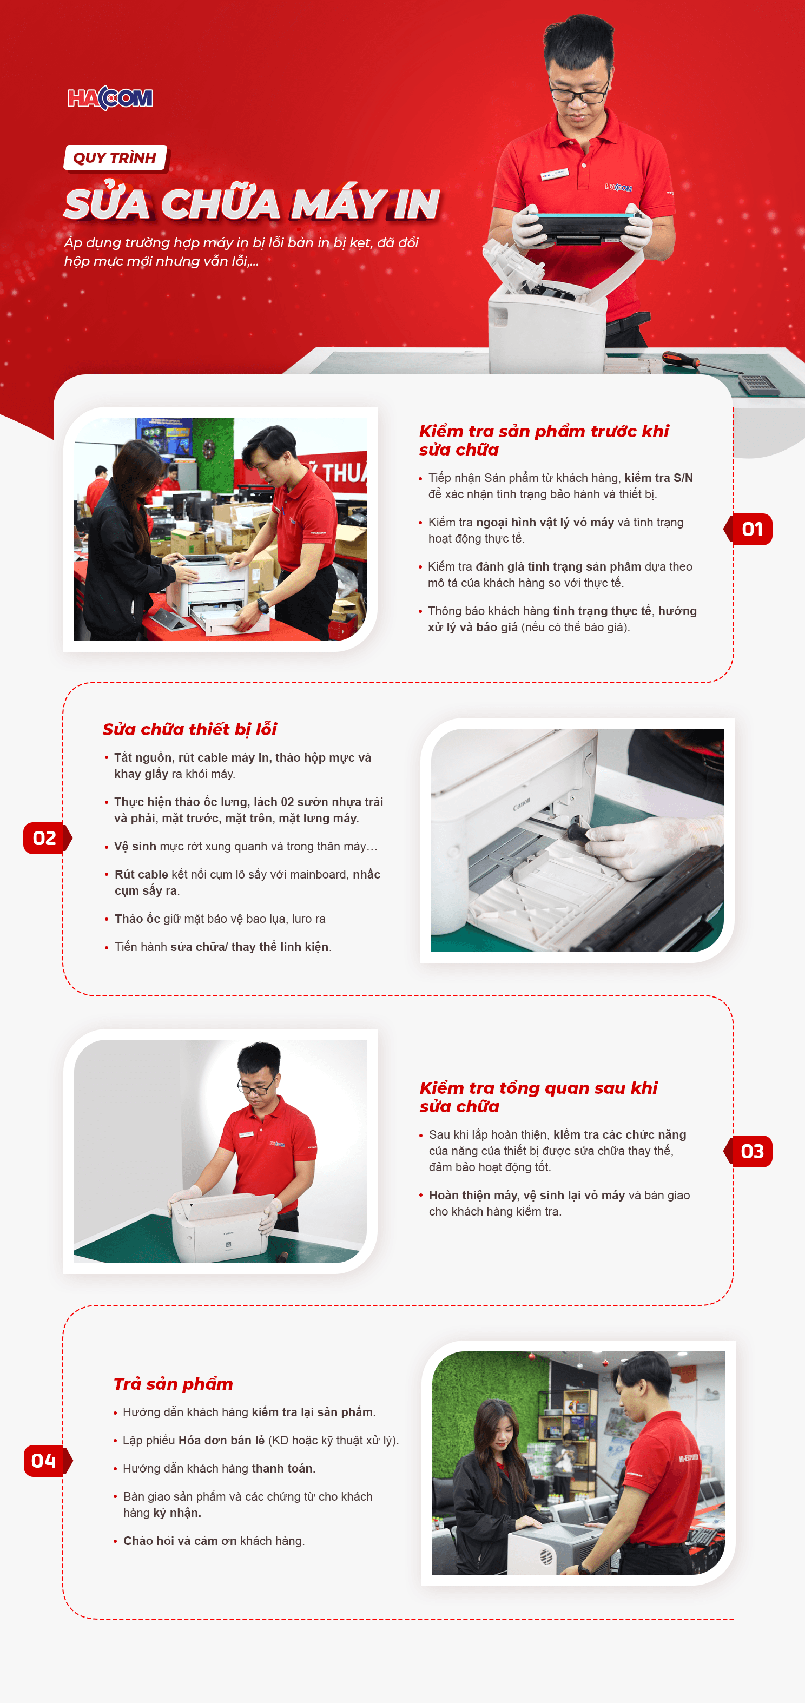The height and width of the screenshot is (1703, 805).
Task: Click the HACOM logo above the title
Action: click(110, 98)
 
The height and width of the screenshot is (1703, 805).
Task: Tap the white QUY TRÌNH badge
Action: click(115, 158)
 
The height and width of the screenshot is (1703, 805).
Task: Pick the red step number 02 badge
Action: click(47, 839)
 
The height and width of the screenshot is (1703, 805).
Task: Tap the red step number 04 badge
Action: click(47, 1461)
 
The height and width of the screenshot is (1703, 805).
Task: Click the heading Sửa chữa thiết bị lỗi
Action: click(190, 729)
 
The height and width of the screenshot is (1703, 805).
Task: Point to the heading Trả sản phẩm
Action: click(173, 1384)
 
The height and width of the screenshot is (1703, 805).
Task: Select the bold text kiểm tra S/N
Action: click(658, 478)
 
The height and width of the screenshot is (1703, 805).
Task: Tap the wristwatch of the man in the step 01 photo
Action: click(263, 605)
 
